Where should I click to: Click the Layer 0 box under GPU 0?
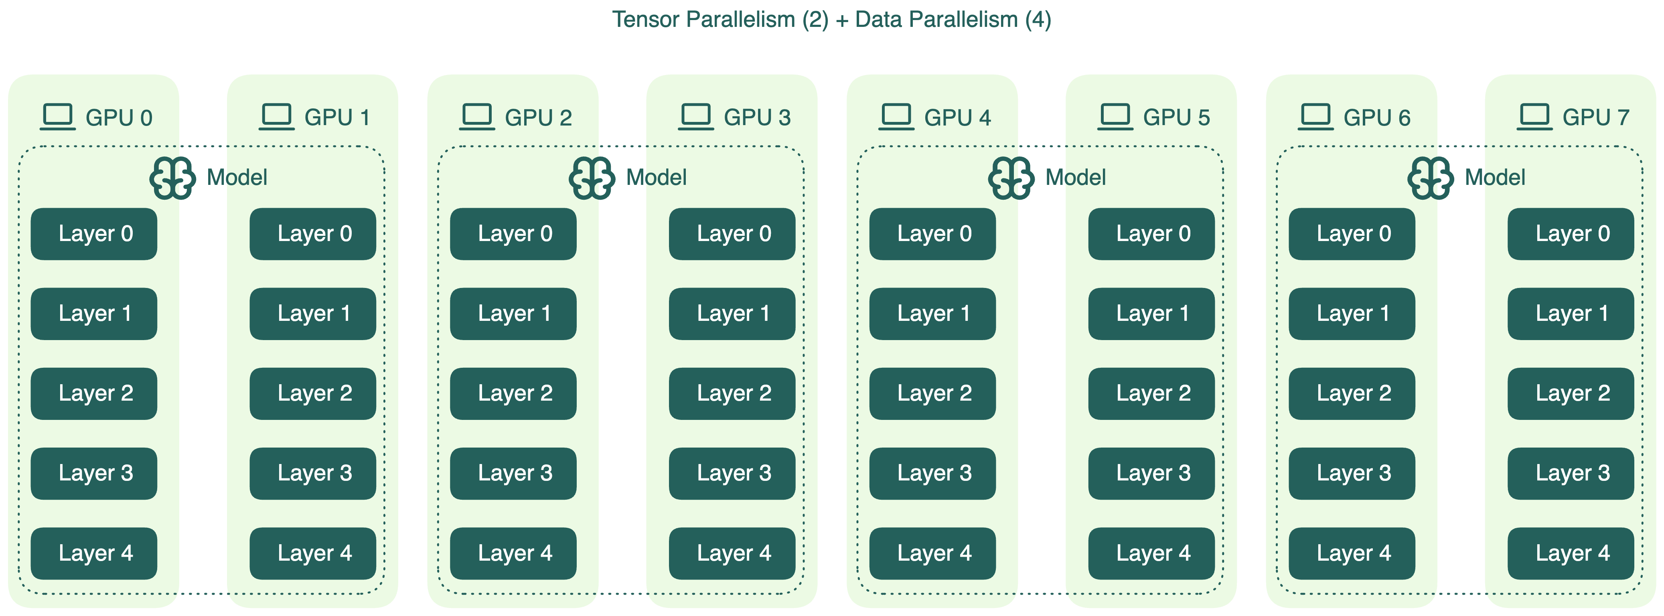tap(94, 234)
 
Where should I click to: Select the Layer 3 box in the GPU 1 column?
tap(313, 473)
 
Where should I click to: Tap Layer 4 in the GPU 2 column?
tap(513, 553)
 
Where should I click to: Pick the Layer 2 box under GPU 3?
tap(732, 393)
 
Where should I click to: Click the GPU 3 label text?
tap(757, 118)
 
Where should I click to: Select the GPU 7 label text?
tap(1595, 118)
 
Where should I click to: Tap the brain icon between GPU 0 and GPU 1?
tap(172, 178)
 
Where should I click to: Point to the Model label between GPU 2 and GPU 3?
tap(656, 178)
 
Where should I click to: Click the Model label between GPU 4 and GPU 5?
tap(1076, 178)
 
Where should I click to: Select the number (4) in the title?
tap(1038, 19)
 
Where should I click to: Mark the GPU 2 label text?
tap(538, 118)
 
